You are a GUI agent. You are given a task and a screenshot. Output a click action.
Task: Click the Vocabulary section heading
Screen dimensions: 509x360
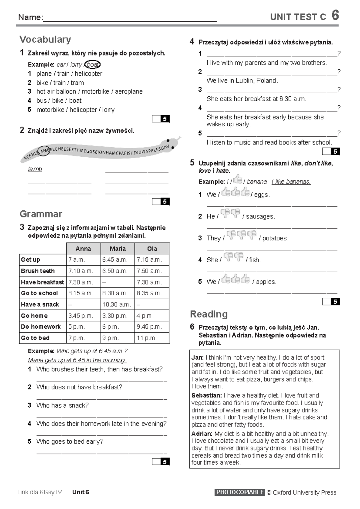(x=45, y=39)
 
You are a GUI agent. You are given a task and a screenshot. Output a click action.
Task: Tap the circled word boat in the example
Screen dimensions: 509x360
(x=92, y=65)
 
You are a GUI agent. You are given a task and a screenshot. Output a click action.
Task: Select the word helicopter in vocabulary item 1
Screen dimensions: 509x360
(x=88, y=74)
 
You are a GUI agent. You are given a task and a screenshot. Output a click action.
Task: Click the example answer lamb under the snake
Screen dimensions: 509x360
(x=35, y=169)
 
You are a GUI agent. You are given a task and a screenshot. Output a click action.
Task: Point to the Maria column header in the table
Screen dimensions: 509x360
(x=118, y=248)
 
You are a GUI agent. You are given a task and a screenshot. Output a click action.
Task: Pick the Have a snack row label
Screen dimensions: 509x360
(x=40, y=304)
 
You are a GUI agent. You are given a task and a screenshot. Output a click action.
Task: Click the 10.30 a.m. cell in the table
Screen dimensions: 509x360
(x=116, y=304)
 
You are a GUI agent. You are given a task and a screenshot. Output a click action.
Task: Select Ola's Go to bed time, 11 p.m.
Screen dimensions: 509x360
(x=147, y=338)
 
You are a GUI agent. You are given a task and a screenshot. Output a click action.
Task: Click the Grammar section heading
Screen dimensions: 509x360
(x=41, y=214)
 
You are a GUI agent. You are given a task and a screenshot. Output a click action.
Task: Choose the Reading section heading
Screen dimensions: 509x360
(x=209, y=314)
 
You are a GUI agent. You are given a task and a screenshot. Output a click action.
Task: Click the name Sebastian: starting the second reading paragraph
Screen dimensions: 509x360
(x=207, y=396)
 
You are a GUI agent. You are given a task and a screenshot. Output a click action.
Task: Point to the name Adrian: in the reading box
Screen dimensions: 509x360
(x=202, y=434)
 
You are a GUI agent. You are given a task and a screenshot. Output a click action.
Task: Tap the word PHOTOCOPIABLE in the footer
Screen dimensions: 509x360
(x=240, y=492)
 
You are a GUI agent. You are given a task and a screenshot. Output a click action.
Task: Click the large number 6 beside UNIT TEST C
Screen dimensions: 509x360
(x=335, y=15)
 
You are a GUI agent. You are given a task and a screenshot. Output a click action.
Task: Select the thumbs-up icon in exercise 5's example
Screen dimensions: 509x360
(x=238, y=179)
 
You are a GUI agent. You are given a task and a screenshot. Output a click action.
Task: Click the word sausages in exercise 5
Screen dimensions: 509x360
(x=260, y=216)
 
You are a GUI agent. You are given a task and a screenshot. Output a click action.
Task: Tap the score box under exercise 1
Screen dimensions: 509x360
(x=161, y=119)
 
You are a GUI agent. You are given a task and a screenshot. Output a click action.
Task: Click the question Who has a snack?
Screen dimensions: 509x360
(x=62, y=405)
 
